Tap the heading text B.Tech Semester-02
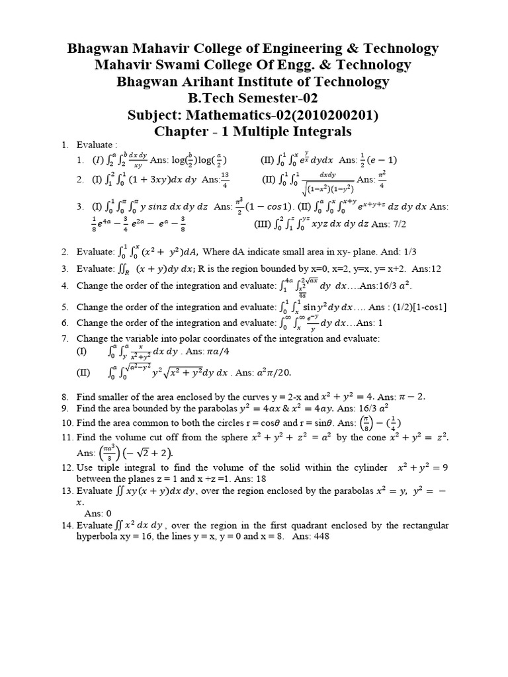253,99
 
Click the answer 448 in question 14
319,537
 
